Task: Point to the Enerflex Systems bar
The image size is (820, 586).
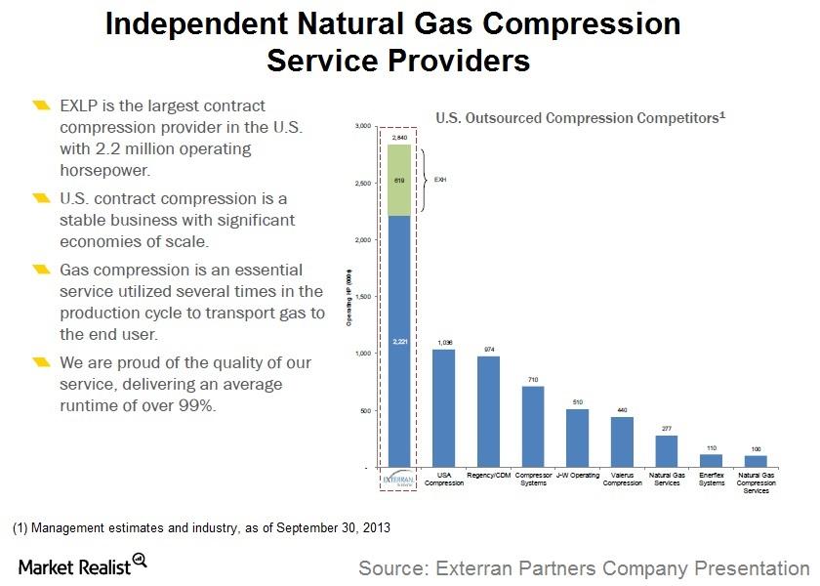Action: pos(711,461)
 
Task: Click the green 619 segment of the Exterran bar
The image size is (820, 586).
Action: pos(398,183)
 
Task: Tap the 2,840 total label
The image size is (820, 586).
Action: pos(398,138)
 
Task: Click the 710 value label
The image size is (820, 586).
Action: pos(532,379)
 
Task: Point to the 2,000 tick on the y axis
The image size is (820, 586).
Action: pos(363,240)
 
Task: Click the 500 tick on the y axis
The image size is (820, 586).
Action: pos(365,411)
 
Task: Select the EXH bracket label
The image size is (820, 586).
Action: pos(440,180)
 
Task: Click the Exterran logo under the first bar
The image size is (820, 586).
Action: pos(398,481)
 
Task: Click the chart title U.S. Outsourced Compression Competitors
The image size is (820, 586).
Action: pos(580,118)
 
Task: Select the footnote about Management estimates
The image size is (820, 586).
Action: pos(201,528)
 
